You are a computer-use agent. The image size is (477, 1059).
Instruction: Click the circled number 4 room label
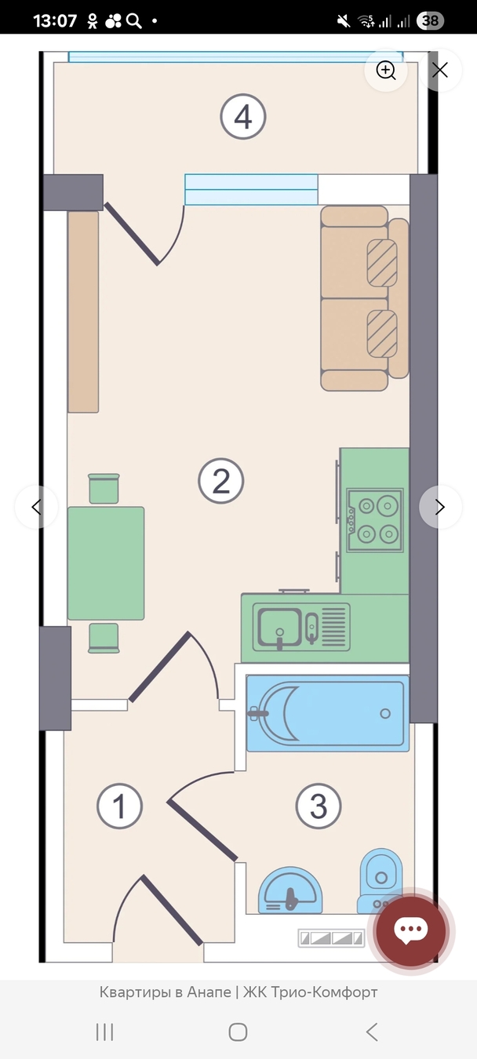pyautogui.click(x=243, y=117)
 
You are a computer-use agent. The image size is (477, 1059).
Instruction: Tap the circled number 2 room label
pyautogui.click(x=220, y=480)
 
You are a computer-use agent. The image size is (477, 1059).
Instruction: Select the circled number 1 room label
pyautogui.click(x=119, y=806)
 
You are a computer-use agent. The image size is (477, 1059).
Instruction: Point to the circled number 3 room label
pyautogui.click(x=319, y=806)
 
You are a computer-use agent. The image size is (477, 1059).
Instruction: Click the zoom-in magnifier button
pyautogui.click(x=386, y=71)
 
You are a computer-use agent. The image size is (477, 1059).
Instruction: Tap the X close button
pyautogui.click(x=440, y=71)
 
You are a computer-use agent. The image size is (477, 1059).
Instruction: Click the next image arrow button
pyautogui.click(x=440, y=507)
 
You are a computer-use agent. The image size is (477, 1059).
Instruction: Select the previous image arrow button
pyautogui.click(x=36, y=507)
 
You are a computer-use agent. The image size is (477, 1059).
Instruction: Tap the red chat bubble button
pyautogui.click(x=410, y=930)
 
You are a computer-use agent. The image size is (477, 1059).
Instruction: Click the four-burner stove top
pyautogui.click(x=375, y=520)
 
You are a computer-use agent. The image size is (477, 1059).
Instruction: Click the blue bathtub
pyautogui.click(x=328, y=713)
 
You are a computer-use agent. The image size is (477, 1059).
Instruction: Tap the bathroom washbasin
pyautogui.click(x=290, y=890)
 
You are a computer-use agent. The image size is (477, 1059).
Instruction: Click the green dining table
pyautogui.click(x=106, y=563)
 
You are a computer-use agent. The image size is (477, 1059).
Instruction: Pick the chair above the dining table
pyautogui.click(x=104, y=489)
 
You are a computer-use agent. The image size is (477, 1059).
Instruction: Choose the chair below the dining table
pyautogui.click(x=104, y=639)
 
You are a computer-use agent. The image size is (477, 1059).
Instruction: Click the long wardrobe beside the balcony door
pyautogui.click(x=83, y=312)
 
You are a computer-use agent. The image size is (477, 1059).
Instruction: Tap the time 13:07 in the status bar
pyautogui.click(x=55, y=21)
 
